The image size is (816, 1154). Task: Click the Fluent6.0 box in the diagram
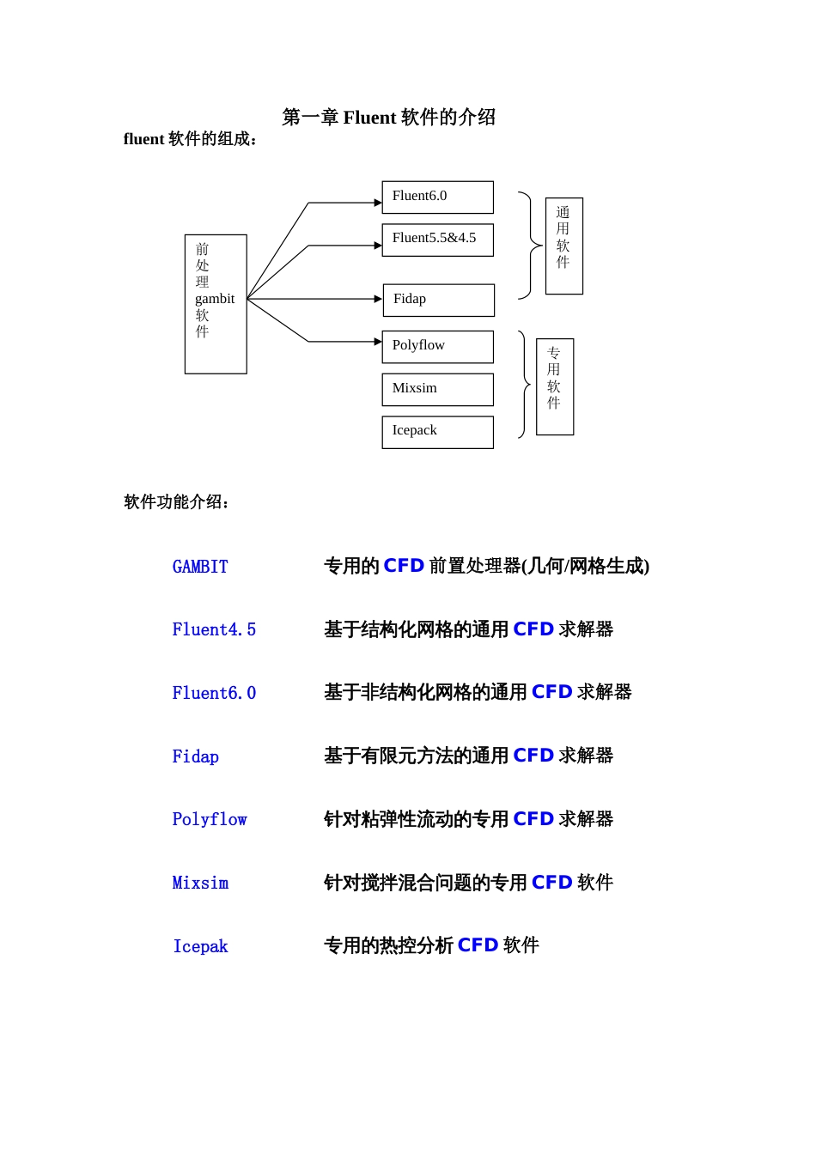(x=437, y=197)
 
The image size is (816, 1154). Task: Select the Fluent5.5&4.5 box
(x=437, y=240)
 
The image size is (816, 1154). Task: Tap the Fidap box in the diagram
(x=438, y=300)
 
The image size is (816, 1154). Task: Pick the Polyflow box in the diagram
(x=437, y=346)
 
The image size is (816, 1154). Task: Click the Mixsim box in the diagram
(x=437, y=389)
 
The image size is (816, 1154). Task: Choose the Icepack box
(x=437, y=432)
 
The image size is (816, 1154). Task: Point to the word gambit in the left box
(x=215, y=299)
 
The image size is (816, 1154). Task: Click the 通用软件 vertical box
(x=563, y=246)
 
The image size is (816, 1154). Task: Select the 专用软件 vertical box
(x=555, y=386)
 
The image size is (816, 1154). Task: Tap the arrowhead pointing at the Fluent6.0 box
(x=378, y=203)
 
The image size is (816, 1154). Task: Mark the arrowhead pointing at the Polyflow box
(x=378, y=342)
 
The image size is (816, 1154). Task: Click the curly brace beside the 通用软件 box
(x=527, y=246)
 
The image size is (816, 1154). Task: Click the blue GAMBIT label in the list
(x=200, y=567)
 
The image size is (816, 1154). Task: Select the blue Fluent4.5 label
(x=214, y=630)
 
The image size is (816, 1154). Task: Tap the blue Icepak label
(x=200, y=946)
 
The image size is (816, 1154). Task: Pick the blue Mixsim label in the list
(x=200, y=883)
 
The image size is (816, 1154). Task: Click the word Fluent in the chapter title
(x=369, y=118)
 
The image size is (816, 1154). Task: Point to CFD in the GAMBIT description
(x=404, y=566)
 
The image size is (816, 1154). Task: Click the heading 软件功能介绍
(x=175, y=502)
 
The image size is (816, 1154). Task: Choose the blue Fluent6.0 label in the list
(x=214, y=693)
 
